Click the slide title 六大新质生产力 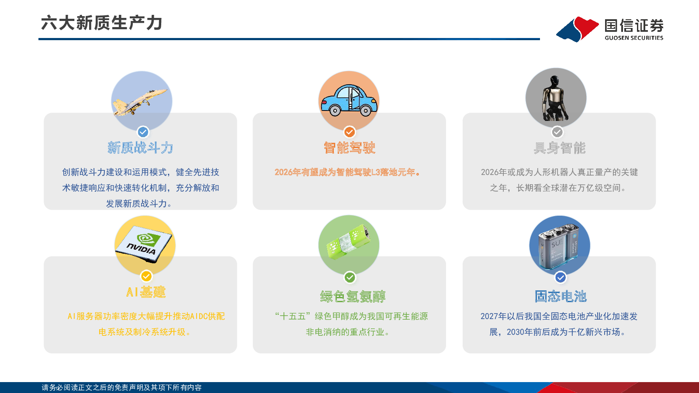(101, 23)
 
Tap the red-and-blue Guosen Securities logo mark (577, 29)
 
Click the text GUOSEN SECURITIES (634, 38)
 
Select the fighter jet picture (140, 101)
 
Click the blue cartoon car (349, 100)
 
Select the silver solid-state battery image (559, 246)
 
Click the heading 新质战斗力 (140, 148)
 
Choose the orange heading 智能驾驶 (349, 148)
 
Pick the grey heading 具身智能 (560, 148)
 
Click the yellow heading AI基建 (146, 292)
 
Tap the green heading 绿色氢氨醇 (353, 296)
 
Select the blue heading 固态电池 (561, 296)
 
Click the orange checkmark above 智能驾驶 (349, 132)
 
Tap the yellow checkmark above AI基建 (146, 276)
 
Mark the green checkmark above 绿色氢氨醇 (350, 277)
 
